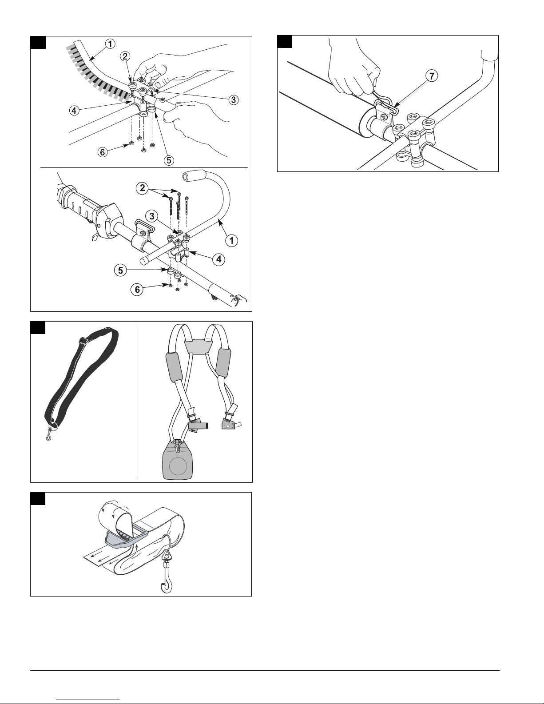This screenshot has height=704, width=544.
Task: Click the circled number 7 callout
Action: (x=432, y=76)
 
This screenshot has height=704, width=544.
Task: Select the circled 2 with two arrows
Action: (x=143, y=188)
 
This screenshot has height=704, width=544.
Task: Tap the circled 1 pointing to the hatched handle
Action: (x=110, y=44)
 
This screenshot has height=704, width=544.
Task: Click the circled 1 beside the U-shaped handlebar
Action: (x=231, y=241)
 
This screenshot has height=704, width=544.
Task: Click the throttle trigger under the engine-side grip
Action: (x=95, y=238)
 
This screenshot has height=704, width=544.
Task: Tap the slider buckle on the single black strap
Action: (x=84, y=341)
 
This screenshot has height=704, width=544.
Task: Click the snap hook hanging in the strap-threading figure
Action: (x=167, y=572)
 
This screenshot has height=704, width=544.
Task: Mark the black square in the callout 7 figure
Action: (x=285, y=42)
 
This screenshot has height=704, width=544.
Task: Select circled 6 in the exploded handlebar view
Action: (x=137, y=289)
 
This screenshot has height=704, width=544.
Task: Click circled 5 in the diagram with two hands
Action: (x=169, y=160)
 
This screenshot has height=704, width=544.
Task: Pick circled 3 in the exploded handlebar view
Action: (x=151, y=216)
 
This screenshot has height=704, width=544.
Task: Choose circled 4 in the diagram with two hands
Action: (x=74, y=111)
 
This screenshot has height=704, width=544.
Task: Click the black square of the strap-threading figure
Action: (x=38, y=499)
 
